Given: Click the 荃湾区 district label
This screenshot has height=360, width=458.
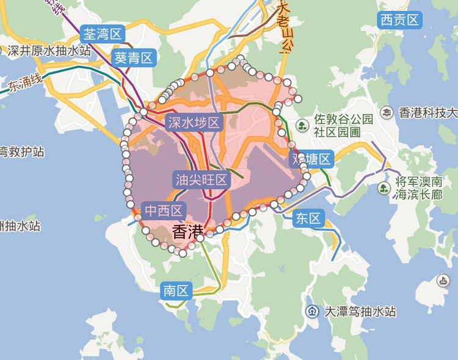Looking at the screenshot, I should [104, 34].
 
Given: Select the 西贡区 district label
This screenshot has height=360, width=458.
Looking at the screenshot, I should [400, 20].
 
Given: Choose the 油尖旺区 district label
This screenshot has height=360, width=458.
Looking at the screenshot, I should [201, 179].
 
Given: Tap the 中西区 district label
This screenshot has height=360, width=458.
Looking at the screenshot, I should [164, 211].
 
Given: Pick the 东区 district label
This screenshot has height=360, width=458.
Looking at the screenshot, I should [308, 218].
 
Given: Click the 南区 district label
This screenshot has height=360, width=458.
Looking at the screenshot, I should [176, 290].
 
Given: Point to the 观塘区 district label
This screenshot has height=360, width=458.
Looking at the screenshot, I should [311, 160].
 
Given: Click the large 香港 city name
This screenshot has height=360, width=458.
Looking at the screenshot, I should [187, 232].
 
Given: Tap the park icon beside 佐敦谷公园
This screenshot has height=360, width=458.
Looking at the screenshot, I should [302, 126].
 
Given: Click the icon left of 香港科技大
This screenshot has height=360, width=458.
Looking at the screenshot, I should [387, 112].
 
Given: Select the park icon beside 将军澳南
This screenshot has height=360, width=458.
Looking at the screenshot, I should [383, 188].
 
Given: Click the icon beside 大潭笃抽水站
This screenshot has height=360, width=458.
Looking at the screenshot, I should [313, 312].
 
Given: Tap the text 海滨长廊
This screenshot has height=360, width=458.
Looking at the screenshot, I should [418, 195].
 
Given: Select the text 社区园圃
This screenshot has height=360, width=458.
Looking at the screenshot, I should [337, 132].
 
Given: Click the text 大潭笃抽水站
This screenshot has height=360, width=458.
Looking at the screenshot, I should [360, 312].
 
